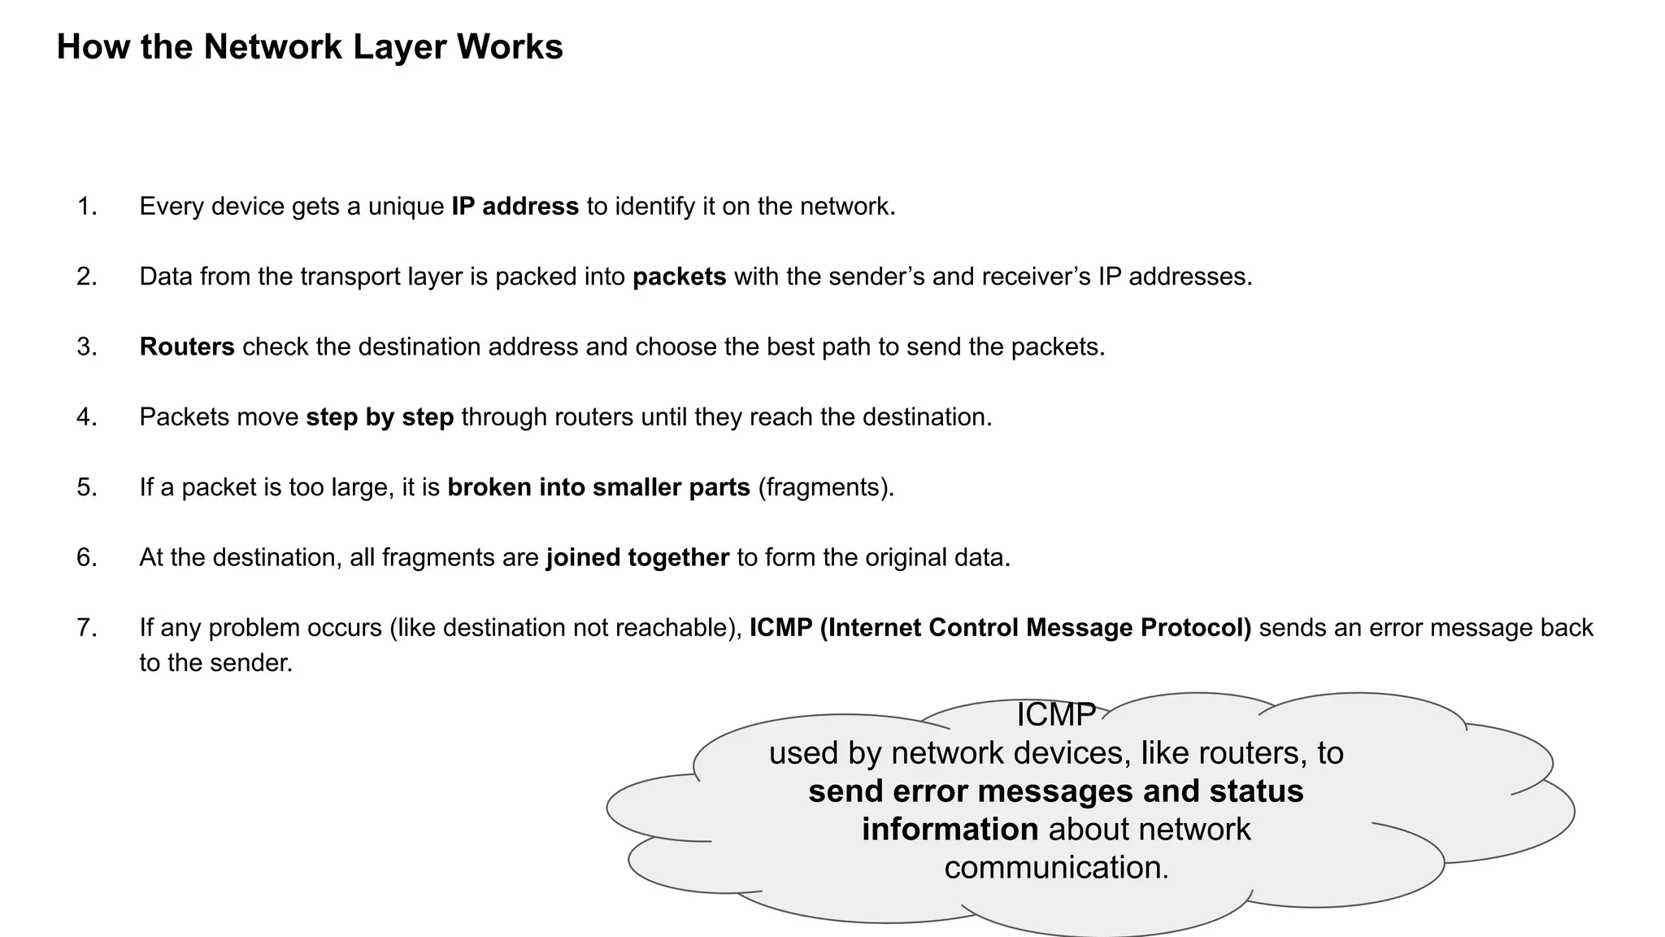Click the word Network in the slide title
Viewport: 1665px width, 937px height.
pos(273,46)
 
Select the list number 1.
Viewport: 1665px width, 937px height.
pos(86,207)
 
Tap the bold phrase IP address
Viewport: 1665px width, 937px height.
pos(515,207)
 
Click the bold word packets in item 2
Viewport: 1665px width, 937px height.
pos(679,277)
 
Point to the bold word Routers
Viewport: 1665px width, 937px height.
pos(187,346)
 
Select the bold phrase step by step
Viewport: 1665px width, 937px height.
pos(380,417)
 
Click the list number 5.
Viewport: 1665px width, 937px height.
pos(86,487)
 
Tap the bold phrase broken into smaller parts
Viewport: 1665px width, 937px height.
pos(598,487)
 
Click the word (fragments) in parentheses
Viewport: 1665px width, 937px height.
pos(825,487)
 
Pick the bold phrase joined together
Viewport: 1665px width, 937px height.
pos(637,558)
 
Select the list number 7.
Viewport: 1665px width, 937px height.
pos(86,628)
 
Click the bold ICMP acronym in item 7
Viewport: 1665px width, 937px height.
pos(780,628)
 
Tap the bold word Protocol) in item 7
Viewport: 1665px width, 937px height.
pos(1196,628)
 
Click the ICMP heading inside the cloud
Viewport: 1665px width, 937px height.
pos(1056,715)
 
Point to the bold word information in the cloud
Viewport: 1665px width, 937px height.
pos(950,830)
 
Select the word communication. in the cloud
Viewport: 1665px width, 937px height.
pos(1056,868)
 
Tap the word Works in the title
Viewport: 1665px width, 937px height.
pos(510,46)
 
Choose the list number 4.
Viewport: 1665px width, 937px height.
pos(86,417)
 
